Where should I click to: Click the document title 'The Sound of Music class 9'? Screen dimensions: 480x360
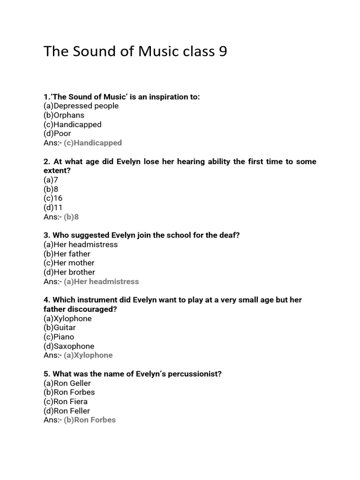pos(135,51)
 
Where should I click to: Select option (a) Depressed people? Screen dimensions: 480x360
pos(81,106)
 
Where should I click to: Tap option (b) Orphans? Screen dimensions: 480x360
pos(64,115)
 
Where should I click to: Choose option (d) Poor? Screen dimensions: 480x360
pos(57,134)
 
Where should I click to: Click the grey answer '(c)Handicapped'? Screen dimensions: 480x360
pos(93,143)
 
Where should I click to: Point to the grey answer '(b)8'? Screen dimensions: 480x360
pos(71,217)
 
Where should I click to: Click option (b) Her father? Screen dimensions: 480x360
pos(67,254)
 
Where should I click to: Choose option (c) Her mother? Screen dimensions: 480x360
pos(69,263)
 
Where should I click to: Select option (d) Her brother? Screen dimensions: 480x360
pos(69,272)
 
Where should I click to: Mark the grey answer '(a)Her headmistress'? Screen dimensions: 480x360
pos(101,282)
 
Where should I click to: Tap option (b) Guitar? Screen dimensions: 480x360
pos(60,328)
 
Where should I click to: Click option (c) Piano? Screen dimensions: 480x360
pos(59,337)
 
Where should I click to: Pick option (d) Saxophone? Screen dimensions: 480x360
pos(69,346)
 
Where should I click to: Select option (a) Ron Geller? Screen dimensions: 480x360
pos(67,383)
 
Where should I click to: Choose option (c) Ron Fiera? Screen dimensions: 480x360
pos(66,402)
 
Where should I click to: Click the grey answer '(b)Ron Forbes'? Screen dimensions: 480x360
pos(90,420)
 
